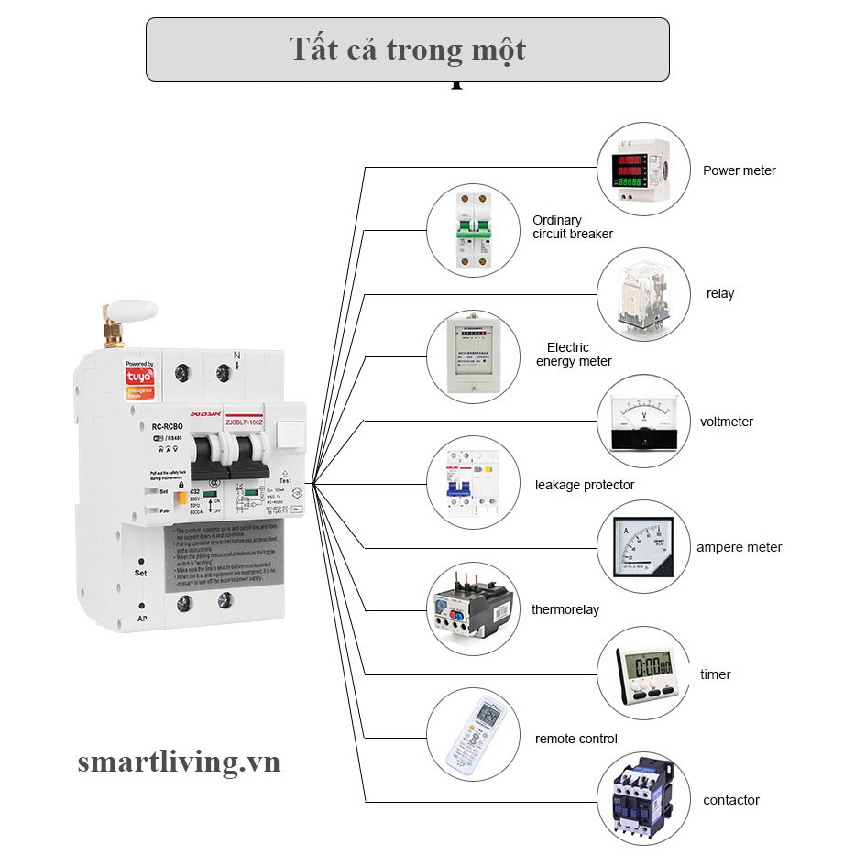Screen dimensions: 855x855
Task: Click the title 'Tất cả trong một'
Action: [408, 49]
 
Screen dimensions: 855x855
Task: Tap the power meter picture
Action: [642, 170]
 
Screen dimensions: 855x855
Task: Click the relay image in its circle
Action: [642, 294]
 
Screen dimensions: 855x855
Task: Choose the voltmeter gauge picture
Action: [642, 421]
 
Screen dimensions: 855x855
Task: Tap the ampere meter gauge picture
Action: [642, 546]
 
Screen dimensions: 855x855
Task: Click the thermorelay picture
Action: [473, 608]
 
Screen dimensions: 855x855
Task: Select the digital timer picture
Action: [642, 673]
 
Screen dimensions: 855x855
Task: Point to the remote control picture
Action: [473, 734]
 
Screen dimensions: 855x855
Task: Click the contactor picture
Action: [642, 798]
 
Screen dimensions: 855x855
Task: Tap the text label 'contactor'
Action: [731, 800]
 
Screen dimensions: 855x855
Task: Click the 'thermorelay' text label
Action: [565, 609]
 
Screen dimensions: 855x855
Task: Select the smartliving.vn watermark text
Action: [179, 762]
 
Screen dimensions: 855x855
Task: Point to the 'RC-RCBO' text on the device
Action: [167, 427]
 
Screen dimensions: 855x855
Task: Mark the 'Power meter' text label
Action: [739, 170]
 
